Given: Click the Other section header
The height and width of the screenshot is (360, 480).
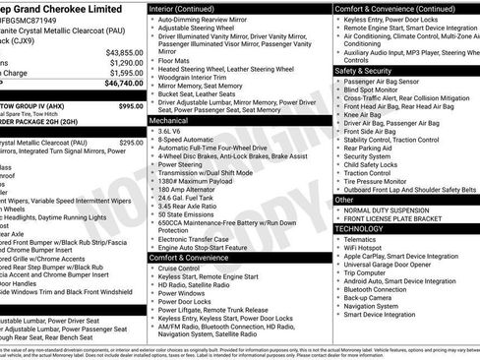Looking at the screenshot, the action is coord(343,199).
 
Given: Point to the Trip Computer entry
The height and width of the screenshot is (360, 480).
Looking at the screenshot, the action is coord(370,271).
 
